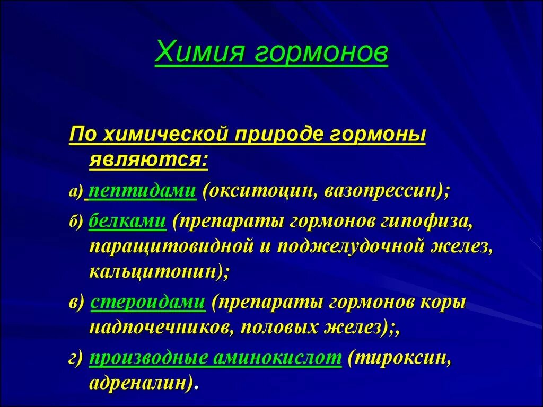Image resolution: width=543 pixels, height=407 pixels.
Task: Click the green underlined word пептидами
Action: [143, 191]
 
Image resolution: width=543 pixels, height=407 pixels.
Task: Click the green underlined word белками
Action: [127, 220]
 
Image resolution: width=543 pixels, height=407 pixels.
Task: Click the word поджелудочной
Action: [351, 247]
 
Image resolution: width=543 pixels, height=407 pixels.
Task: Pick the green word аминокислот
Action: [277, 358]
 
